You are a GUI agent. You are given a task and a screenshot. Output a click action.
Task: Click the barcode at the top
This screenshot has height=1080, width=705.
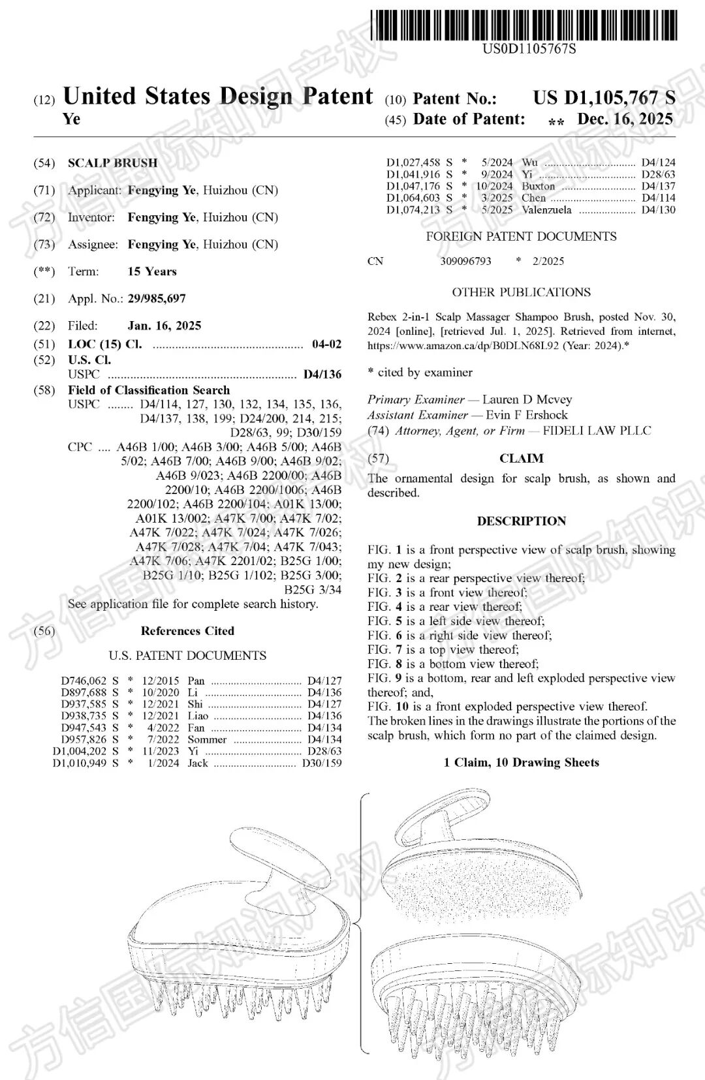[524, 25]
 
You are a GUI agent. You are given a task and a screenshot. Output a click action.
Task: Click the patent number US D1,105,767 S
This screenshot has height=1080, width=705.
[604, 98]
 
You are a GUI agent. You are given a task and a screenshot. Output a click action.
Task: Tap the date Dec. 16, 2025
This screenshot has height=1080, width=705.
[625, 119]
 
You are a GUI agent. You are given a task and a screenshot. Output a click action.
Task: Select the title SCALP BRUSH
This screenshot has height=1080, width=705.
[112, 163]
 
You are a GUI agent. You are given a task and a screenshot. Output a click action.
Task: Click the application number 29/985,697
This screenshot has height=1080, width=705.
[157, 299]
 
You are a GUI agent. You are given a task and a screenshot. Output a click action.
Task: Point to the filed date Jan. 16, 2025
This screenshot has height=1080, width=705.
[164, 326]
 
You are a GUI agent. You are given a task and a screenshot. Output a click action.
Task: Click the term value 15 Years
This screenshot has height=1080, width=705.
[152, 271]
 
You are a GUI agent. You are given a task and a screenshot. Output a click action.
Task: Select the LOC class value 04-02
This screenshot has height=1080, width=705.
[326, 344]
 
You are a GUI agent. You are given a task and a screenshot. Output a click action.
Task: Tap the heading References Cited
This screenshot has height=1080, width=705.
[187, 631]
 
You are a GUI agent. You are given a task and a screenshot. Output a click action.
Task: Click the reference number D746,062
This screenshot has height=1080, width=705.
[84, 681]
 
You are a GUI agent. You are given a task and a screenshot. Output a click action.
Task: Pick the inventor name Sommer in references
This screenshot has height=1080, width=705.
[207, 739]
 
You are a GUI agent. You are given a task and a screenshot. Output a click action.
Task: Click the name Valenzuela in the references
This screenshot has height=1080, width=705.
[546, 210]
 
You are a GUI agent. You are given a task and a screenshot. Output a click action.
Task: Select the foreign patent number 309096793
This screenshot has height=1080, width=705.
[465, 261]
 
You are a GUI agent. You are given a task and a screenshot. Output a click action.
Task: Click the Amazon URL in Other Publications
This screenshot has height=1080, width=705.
[463, 346]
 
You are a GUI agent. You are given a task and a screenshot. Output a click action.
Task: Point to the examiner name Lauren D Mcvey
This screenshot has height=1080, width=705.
[527, 399]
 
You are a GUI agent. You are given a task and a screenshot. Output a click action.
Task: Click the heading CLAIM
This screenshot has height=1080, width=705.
[522, 459]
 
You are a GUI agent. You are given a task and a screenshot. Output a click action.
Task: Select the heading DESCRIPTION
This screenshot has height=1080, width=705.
[522, 521]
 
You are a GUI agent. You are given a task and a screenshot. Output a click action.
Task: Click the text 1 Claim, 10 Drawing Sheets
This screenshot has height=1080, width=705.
[522, 762]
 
